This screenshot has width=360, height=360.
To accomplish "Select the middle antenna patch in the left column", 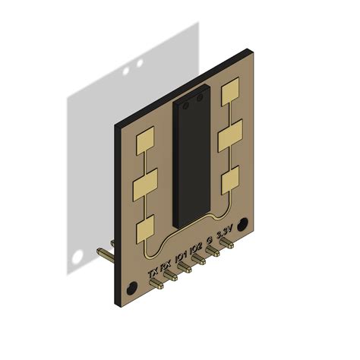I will tap(144, 185).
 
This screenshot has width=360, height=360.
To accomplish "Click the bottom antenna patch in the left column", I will tap(144, 229).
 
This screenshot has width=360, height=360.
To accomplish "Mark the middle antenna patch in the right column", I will tap(229, 138).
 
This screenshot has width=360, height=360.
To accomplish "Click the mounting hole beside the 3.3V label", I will tap(242, 225).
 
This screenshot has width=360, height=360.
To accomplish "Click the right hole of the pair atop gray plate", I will tap(140, 62).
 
